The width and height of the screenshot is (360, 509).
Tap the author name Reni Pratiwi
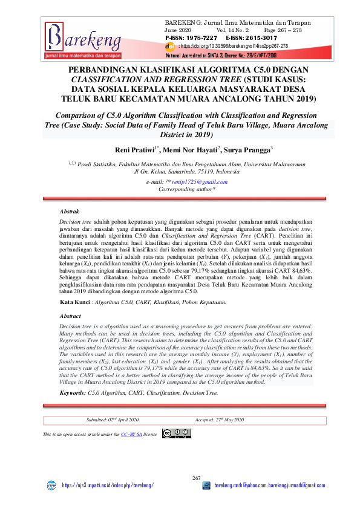pyautogui.click(x=137, y=149)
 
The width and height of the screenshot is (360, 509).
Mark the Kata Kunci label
pyautogui.click(x=76, y=301)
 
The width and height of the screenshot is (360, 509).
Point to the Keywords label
pyautogui.click(x=72, y=393)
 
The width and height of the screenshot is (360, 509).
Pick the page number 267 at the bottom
pyautogui.click(x=180, y=478)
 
